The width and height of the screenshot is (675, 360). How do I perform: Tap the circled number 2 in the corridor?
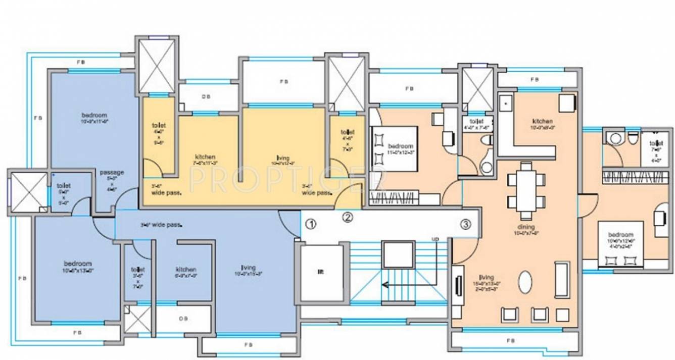[x=348, y=218]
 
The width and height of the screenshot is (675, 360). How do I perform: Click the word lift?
[x=320, y=272]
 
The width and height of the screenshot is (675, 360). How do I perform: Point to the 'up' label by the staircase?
[x=435, y=238]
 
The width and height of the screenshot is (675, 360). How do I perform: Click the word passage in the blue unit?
[x=112, y=172]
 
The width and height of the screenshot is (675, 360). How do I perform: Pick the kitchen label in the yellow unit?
[x=205, y=157]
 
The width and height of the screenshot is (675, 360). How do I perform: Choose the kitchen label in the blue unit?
[x=186, y=269]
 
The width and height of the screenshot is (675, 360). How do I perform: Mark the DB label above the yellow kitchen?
[x=206, y=97]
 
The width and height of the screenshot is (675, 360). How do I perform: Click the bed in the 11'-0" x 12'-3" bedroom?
[x=394, y=149]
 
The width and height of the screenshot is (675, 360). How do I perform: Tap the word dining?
[x=525, y=227]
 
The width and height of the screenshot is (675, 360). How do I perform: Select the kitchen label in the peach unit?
[x=542, y=121]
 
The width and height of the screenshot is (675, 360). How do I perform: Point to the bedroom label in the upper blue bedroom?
[x=94, y=115]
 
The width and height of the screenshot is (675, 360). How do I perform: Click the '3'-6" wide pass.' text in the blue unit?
[x=161, y=225]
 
